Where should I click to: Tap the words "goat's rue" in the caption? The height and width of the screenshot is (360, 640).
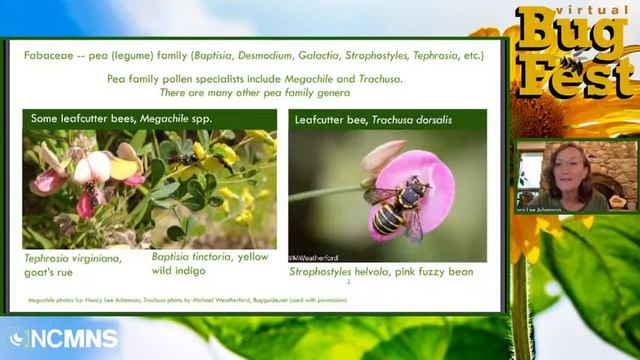pyautogui.click(x=54, y=271)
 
